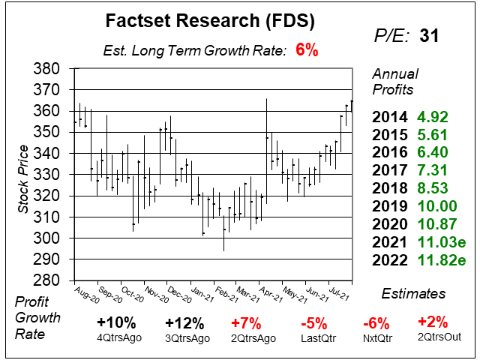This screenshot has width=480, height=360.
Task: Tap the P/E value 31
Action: tap(430, 35)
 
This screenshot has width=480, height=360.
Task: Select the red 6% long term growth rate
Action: tap(306, 51)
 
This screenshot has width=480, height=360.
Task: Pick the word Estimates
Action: tap(412, 293)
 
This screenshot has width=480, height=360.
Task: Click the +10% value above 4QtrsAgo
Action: tap(116, 323)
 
